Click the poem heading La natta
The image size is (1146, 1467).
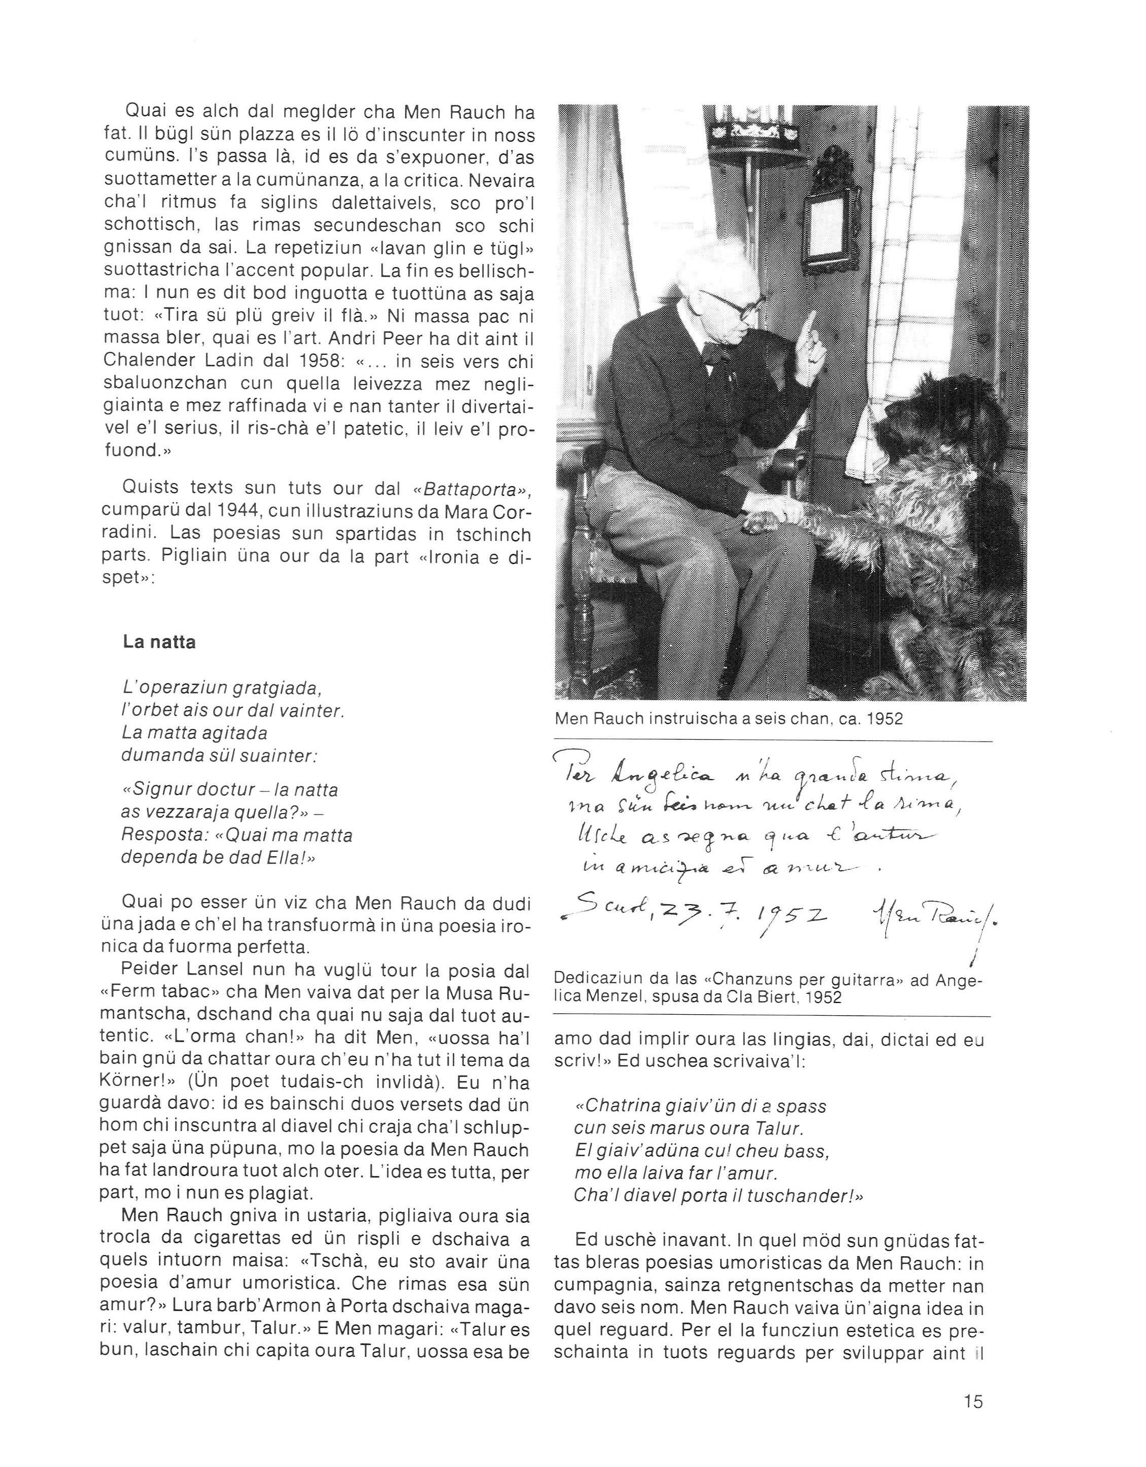[159, 642]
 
